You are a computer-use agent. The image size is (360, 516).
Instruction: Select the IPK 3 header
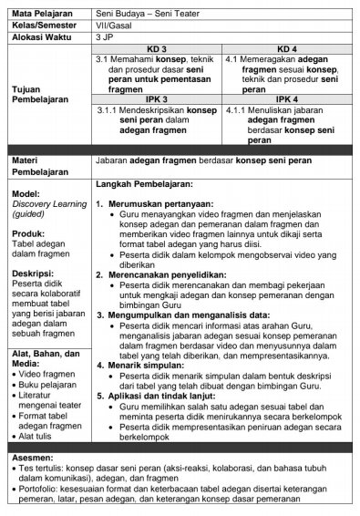coord(158,98)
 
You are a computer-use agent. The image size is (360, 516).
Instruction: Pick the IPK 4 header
coord(288,98)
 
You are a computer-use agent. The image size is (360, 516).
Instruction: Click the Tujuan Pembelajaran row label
coord(42,95)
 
